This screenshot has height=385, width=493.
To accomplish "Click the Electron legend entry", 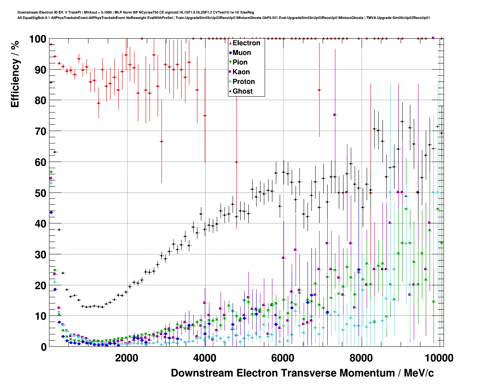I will [x=246, y=43].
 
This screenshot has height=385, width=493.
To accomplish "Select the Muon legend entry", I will [x=241, y=53].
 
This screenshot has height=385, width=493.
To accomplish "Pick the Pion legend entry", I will [x=240, y=62].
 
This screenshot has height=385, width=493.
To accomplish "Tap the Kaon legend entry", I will [x=241, y=72].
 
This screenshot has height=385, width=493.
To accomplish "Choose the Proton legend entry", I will [x=243, y=82].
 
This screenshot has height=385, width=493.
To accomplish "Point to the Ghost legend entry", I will [x=242, y=91].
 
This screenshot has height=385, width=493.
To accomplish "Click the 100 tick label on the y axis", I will [x=38, y=39].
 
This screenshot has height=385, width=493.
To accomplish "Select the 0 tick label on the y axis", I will [x=43, y=347].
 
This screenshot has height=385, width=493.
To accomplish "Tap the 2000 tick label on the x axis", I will [x=127, y=358].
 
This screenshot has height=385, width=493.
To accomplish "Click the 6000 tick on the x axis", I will [x=284, y=358].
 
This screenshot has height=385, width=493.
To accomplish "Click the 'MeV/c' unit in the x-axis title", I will [x=418, y=373].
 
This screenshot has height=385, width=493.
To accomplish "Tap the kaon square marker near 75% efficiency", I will [x=335, y=115].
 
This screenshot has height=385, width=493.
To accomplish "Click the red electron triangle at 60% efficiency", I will [x=236, y=162].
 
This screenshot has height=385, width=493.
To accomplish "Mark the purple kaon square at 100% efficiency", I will [x=433, y=38].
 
